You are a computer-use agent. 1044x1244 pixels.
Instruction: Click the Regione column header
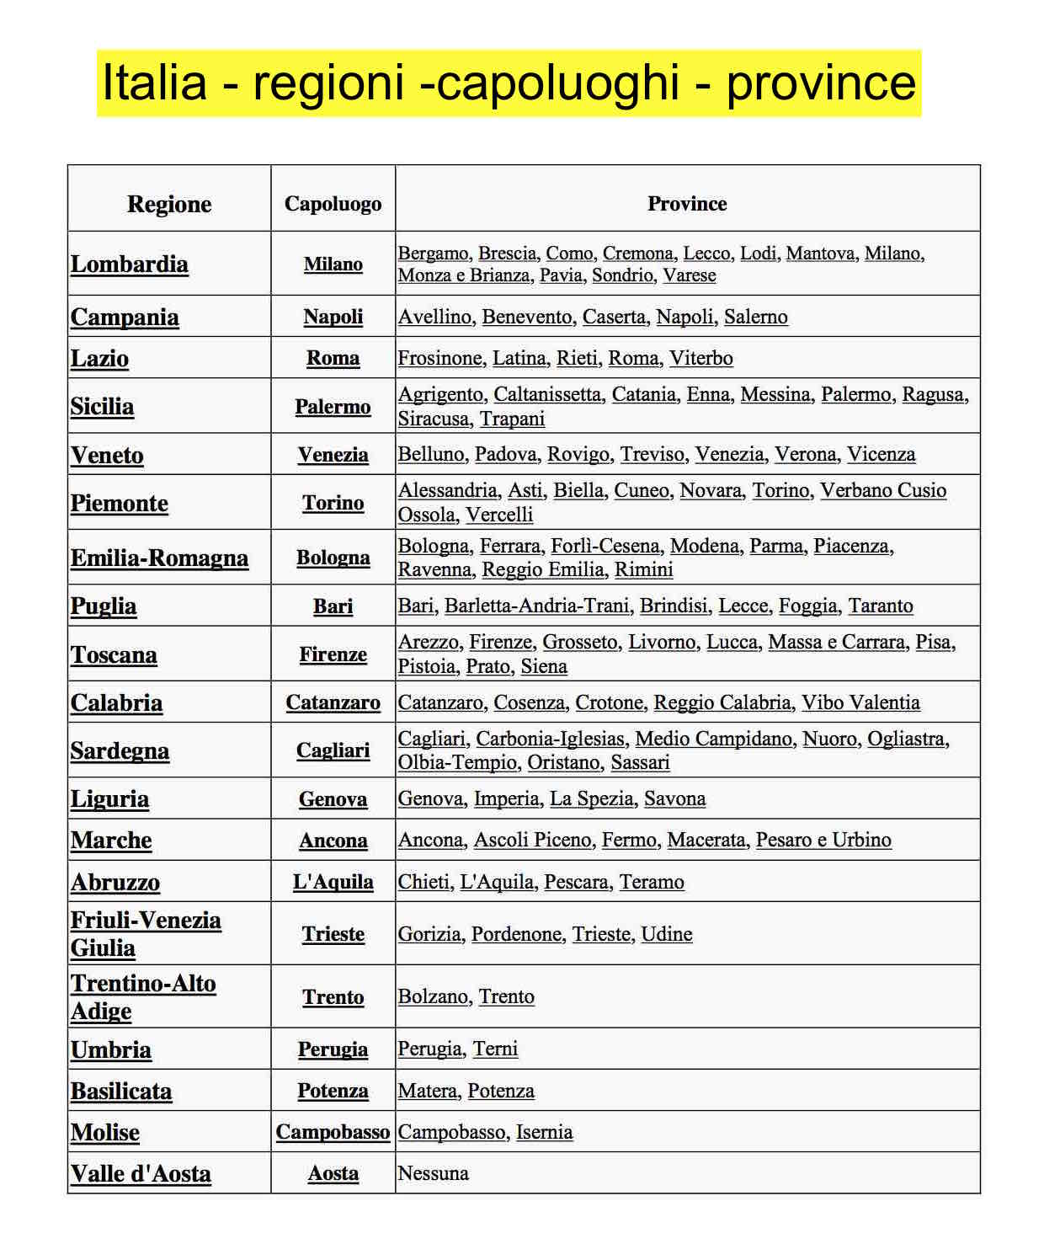(x=169, y=204)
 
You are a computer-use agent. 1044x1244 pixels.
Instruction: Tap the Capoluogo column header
(x=333, y=204)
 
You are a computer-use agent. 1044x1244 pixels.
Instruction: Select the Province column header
(x=687, y=204)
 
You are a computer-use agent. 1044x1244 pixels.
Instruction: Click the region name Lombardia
(x=130, y=264)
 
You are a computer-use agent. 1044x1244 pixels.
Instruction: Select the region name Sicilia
(x=102, y=407)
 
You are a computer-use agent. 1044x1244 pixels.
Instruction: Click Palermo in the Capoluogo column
(x=333, y=407)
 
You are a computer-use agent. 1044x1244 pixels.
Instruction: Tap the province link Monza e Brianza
(x=464, y=275)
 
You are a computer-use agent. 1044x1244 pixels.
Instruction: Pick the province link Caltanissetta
(x=547, y=394)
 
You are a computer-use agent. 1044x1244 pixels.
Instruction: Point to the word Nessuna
(x=433, y=1173)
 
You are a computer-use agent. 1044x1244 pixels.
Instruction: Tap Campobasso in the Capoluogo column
(x=333, y=1132)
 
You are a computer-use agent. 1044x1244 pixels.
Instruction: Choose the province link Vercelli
(x=499, y=515)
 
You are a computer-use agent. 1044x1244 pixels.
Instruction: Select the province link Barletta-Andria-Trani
(x=536, y=606)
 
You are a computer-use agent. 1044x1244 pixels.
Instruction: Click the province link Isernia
(x=544, y=1132)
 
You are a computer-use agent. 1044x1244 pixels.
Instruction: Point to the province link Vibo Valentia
(x=860, y=702)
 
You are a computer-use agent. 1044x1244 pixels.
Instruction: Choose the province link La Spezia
(x=591, y=798)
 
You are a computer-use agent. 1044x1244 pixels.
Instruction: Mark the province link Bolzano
(x=433, y=996)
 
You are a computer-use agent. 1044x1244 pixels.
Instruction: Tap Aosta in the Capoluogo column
(x=333, y=1173)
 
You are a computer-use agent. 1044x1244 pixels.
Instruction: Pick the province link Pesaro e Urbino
(x=823, y=840)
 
